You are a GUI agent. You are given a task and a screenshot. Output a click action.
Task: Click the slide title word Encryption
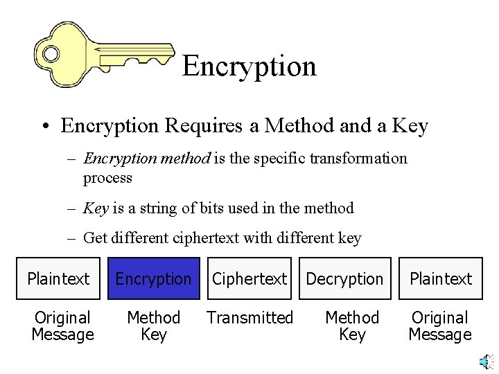(x=249, y=66)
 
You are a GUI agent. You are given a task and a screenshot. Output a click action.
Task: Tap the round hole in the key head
(x=51, y=53)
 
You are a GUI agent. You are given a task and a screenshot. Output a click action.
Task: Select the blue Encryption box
(x=153, y=279)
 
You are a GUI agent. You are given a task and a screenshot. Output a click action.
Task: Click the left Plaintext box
(x=58, y=279)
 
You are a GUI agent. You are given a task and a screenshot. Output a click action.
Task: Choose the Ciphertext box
(x=249, y=279)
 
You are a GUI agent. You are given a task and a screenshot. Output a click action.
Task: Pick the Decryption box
(x=344, y=279)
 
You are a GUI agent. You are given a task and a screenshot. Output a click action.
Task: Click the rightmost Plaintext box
(x=440, y=279)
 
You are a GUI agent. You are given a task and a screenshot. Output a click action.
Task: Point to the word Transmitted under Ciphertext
(x=249, y=318)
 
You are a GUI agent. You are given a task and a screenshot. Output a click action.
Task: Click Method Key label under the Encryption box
(x=153, y=326)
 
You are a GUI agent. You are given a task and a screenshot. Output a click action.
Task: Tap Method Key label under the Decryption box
(x=352, y=326)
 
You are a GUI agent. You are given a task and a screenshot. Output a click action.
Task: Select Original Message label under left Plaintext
(x=62, y=326)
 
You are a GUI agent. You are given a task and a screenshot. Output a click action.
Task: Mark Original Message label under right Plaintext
(x=440, y=326)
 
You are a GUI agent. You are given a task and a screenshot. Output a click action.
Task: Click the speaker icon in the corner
(x=487, y=361)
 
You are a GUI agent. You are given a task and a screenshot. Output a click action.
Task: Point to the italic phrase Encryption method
(x=146, y=159)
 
